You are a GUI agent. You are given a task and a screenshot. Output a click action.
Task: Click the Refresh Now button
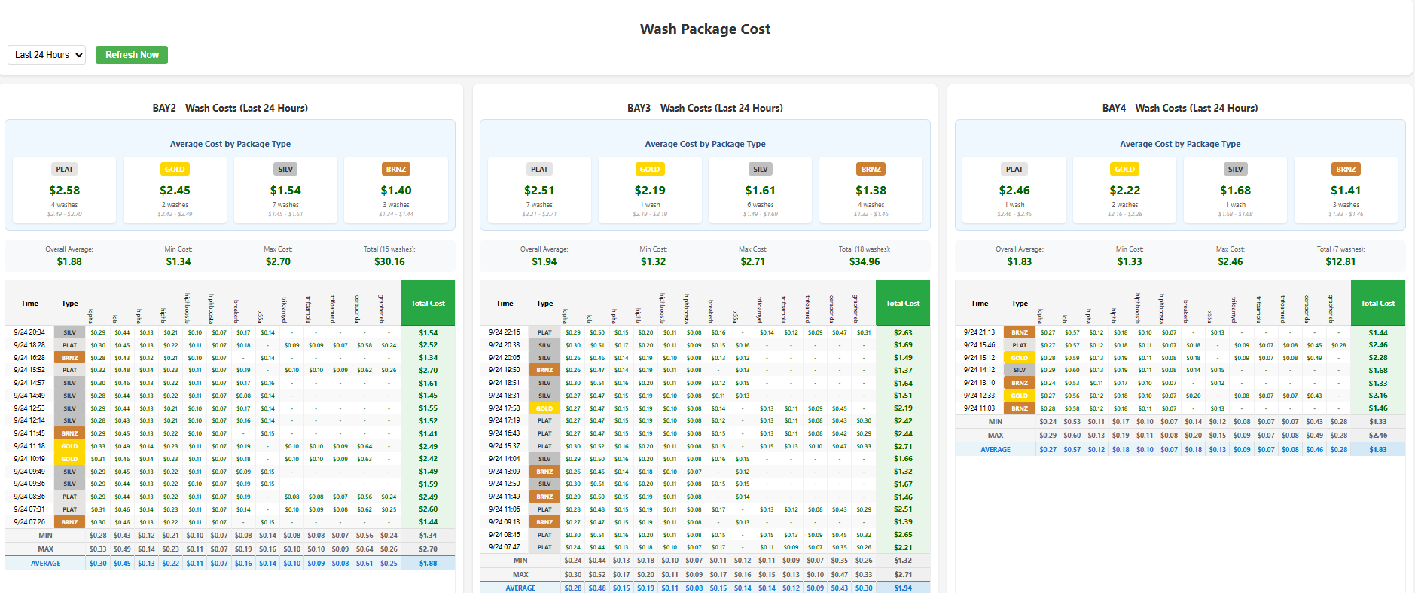point(132,55)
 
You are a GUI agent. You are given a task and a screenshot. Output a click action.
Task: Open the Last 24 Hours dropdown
point(47,55)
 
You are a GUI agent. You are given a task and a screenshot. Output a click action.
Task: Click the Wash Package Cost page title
point(705,29)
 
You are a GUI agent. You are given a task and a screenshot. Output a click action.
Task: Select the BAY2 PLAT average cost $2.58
point(65,191)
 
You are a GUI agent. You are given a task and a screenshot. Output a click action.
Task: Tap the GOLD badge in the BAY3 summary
point(650,170)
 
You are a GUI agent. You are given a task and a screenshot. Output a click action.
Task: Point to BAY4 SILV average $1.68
point(1235,191)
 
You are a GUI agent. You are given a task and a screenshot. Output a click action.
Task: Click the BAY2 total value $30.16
point(389,262)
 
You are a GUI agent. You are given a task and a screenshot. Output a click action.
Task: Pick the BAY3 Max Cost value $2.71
point(752,262)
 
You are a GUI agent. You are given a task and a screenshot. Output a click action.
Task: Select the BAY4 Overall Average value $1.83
point(1020,262)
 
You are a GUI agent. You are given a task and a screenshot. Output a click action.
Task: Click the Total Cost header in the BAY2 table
point(428,304)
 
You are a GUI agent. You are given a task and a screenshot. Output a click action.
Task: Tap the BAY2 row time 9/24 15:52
point(29,370)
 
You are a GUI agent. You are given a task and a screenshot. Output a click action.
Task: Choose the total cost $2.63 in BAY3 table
point(903,332)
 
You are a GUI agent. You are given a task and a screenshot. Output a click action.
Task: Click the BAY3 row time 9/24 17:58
point(505,408)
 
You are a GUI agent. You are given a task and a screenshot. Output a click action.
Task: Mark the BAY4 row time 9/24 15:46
point(979,345)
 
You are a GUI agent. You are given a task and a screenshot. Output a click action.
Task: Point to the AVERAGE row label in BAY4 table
point(996,450)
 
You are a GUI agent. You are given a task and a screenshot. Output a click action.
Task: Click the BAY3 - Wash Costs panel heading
point(705,109)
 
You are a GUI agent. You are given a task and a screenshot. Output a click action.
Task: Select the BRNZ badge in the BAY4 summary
point(1346,170)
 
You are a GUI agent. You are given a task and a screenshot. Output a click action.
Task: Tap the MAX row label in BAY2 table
point(46,549)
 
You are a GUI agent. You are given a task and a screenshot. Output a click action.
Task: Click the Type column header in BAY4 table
point(1020,304)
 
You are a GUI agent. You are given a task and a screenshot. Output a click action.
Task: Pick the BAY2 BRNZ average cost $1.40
point(396,191)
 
